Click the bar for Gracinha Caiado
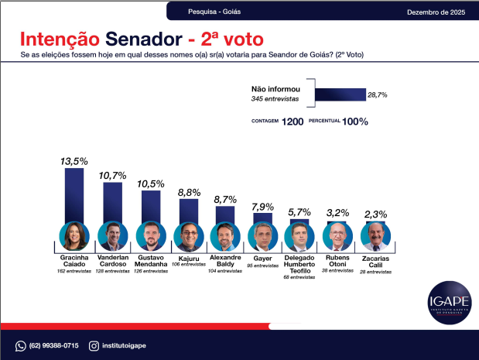pyautogui.click(x=74, y=195)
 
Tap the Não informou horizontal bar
pyautogui.click(x=340, y=94)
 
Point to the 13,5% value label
pyautogui.click(x=74, y=161)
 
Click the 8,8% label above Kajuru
pyautogui.click(x=189, y=192)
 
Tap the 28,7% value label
pyautogui.click(x=377, y=94)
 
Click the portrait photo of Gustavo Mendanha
pyautogui.click(x=150, y=235)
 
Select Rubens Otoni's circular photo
pyautogui.click(x=337, y=235)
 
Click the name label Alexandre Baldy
pyautogui.click(x=225, y=261)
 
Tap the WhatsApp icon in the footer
pyautogui.click(x=21, y=345)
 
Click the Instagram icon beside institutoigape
pyautogui.click(x=94, y=345)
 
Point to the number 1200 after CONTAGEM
pyautogui.click(x=293, y=122)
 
